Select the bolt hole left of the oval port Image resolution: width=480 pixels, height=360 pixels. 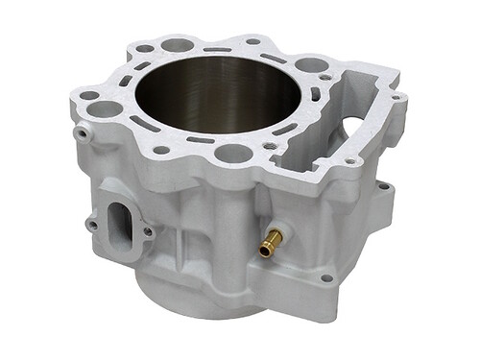(91, 225)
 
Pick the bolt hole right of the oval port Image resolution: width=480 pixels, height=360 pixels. (148, 230)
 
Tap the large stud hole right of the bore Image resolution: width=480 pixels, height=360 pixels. (310, 65)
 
